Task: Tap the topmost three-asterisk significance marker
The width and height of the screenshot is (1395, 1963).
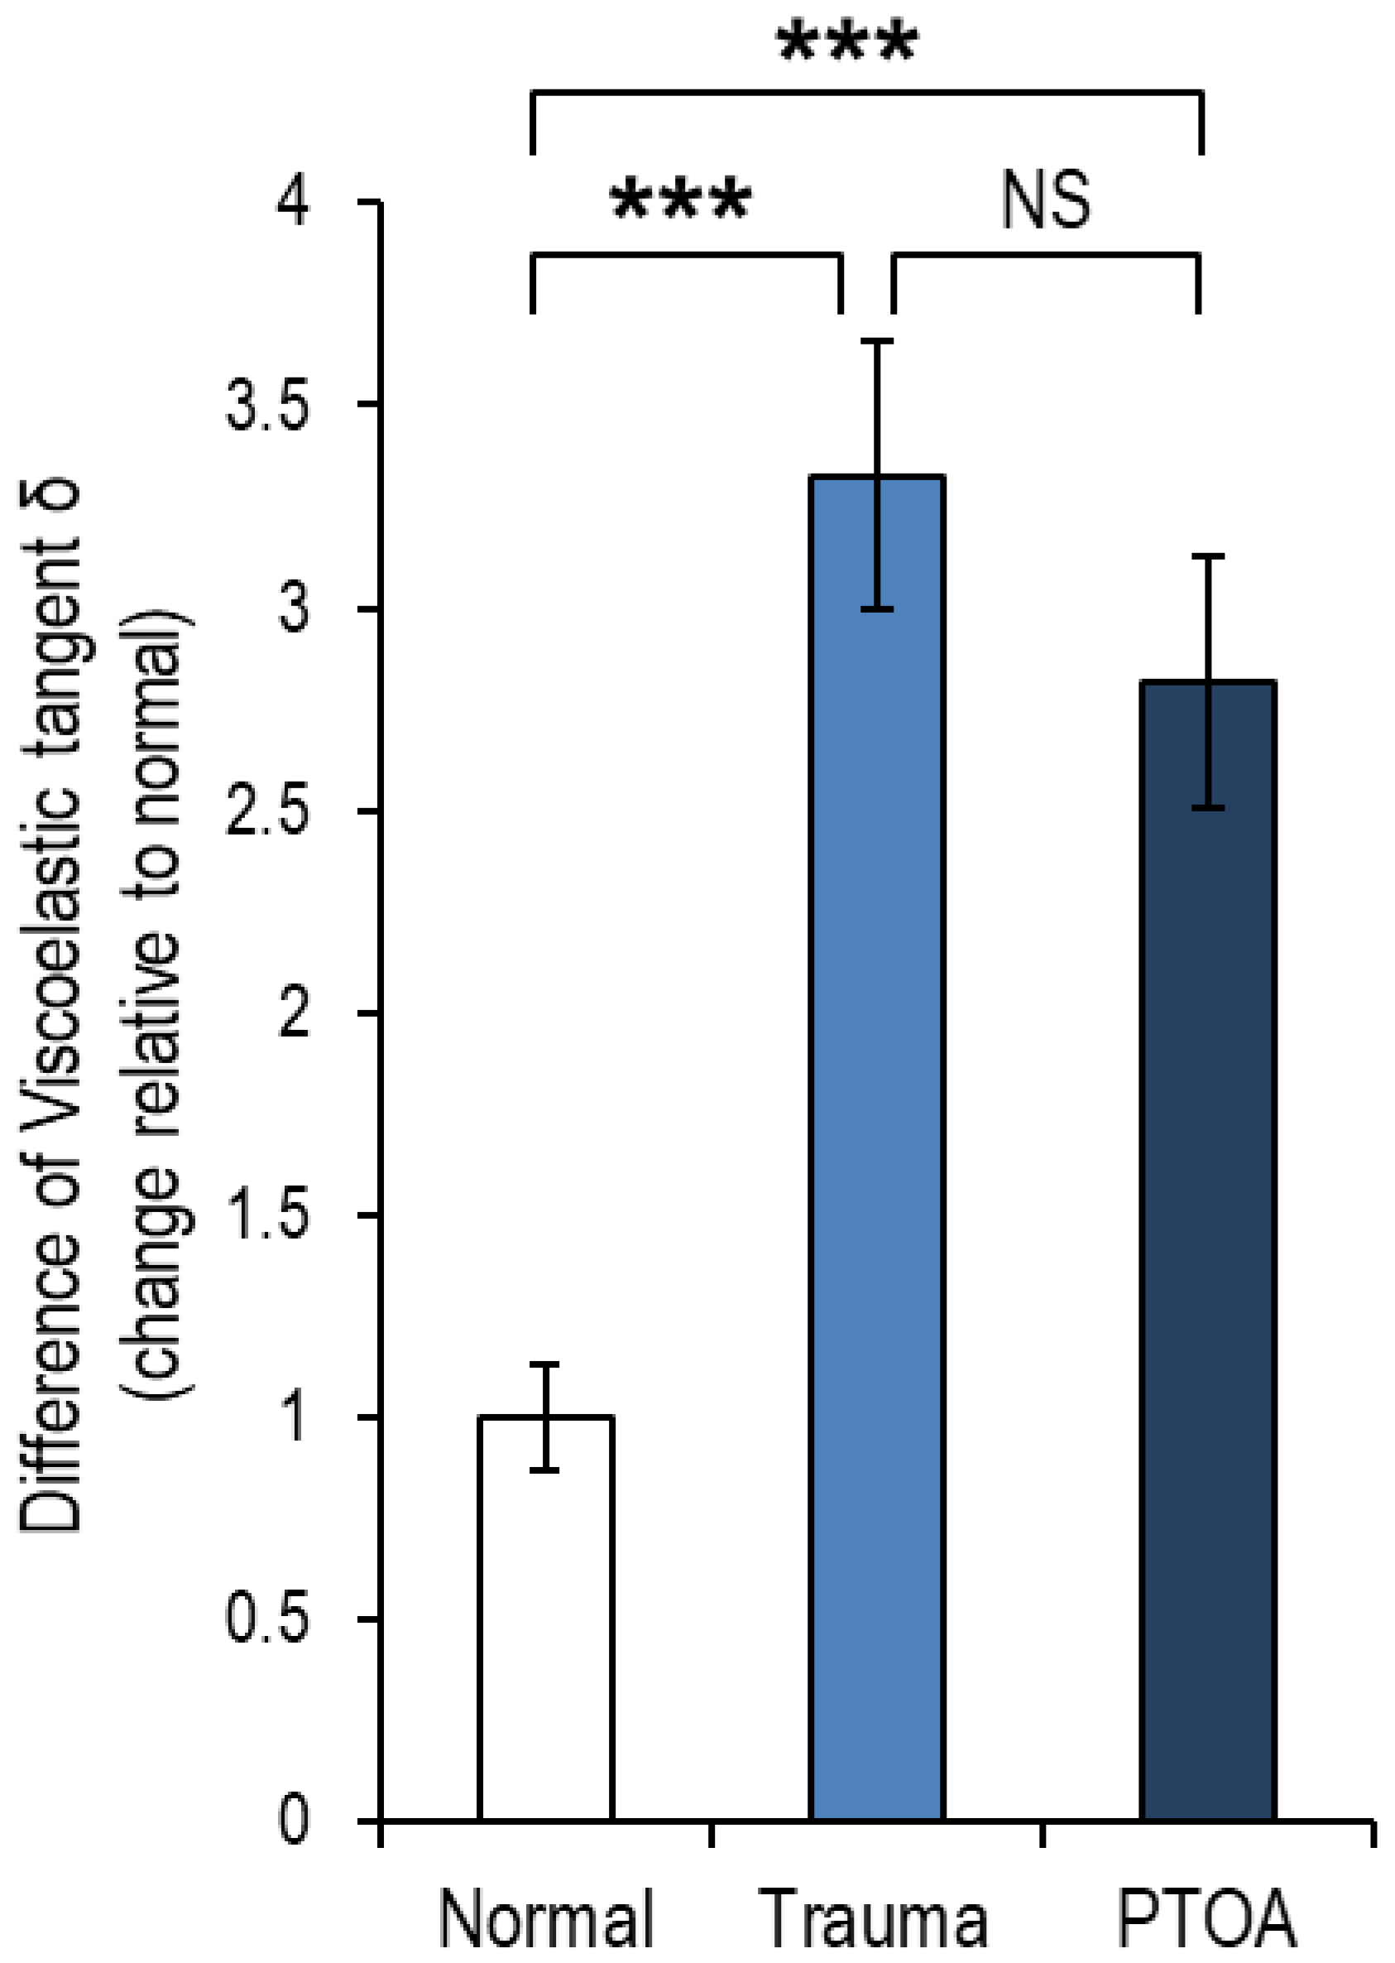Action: pyautogui.click(x=848, y=43)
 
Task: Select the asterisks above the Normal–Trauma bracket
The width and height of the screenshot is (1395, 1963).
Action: pyautogui.click(x=680, y=201)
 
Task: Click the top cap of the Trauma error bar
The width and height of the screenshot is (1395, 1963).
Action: pyautogui.click(x=877, y=341)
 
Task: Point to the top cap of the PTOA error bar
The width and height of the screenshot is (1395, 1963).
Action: pyautogui.click(x=1208, y=557)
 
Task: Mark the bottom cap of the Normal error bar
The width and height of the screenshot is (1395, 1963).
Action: pyautogui.click(x=544, y=1470)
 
